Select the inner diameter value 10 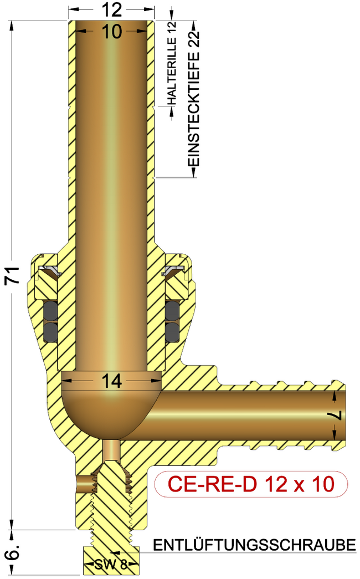point(112,32)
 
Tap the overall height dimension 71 point(13,275)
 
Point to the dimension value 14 point(111,381)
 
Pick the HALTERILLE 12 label point(172,63)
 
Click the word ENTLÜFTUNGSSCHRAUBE point(254,545)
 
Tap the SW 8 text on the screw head point(113,565)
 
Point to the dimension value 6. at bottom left point(15,551)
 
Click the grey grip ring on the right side point(173,271)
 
